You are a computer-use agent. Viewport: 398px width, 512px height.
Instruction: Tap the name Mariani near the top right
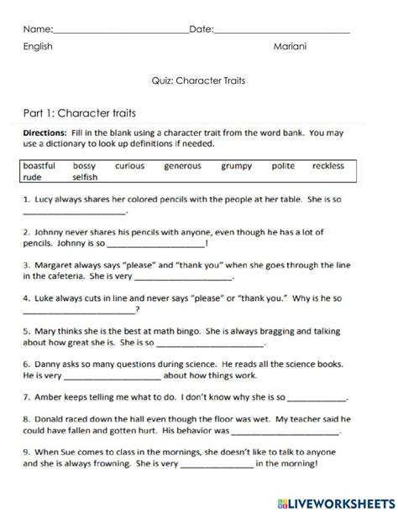click(x=290, y=47)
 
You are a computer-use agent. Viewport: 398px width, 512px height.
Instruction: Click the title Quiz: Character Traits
click(x=198, y=81)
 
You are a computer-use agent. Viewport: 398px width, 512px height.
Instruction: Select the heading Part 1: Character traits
click(x=80, y=112)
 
